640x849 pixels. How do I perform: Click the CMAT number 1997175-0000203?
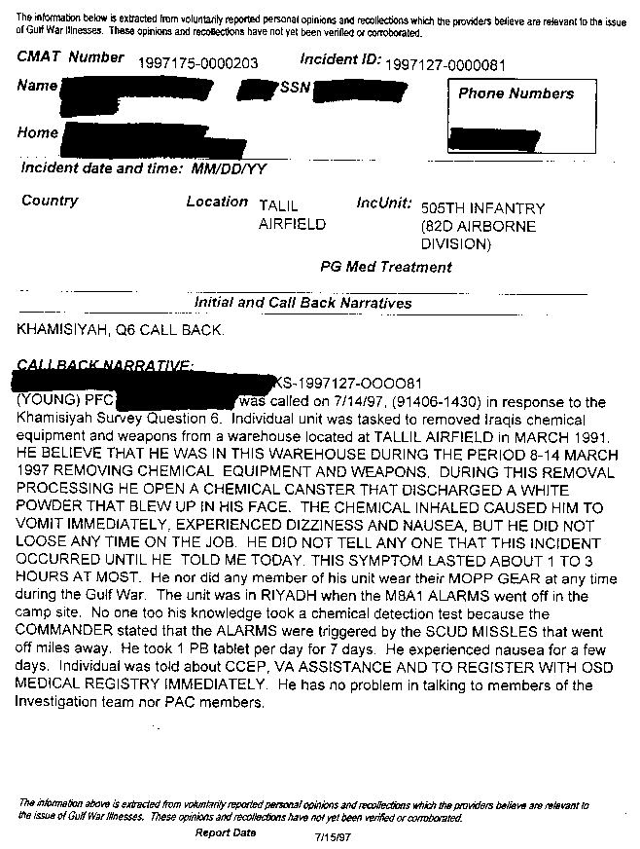[198, 62]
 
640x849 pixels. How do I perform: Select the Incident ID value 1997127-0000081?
[445, 64]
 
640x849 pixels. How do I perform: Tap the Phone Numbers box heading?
[516, 94]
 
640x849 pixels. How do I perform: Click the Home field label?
[37, 133]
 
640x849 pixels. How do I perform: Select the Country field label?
[50, 201]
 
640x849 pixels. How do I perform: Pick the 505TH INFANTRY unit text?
[482, 208]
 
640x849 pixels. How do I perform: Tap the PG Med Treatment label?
[386, 267]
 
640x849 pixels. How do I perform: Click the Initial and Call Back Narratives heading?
[303, 303]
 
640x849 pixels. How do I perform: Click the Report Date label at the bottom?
[226, 833]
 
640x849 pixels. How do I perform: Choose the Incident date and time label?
[144, 168]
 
